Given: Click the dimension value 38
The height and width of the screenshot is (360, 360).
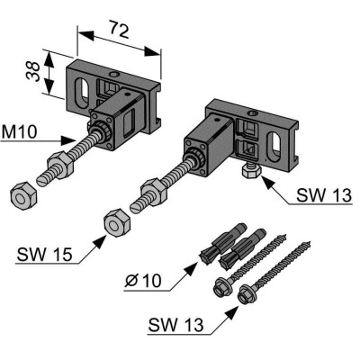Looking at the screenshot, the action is point(33,71).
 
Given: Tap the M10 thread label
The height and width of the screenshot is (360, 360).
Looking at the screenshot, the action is point(19,132).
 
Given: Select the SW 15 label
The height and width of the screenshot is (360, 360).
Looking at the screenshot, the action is point(45,255).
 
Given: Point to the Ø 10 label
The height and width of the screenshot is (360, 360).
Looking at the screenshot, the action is point(143,281).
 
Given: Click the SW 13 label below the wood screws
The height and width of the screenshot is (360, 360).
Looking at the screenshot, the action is point(175,324).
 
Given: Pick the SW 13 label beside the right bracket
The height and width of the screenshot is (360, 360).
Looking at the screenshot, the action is point(324,195).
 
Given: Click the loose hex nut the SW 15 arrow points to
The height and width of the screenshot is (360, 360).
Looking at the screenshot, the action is point(117,223).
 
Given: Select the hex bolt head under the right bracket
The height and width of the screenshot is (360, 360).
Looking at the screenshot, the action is point(251,172).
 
